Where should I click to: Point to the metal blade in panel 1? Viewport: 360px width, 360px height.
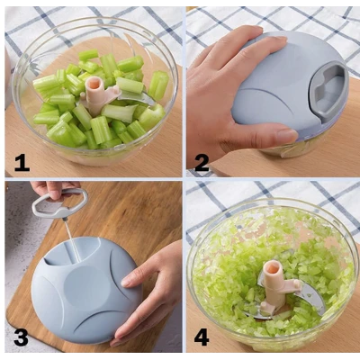tap(137, 98)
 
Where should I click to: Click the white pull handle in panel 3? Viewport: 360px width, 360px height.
tap(59, 202)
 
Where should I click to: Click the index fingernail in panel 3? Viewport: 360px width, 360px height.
tap(126, 283)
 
